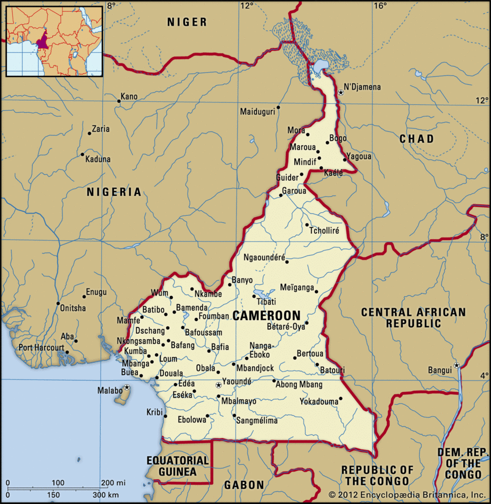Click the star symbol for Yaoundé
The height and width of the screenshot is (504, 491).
tap(219, 385)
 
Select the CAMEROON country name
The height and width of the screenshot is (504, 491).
tap(266, 315)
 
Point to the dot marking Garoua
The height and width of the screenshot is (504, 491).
tap(280, 195)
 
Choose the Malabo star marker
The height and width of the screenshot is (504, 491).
tap(127, 387)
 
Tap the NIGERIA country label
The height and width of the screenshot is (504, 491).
tap(114, 192)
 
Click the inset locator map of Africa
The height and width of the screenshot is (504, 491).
tap(54, 41)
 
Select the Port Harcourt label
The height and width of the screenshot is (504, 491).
tap(41, 347)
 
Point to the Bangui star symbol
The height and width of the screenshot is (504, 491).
tap(457, 365)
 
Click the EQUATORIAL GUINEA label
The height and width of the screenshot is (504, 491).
tap(178, 466)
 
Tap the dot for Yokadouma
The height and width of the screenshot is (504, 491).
tap(340, 398)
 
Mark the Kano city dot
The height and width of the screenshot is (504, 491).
tap(119, 101)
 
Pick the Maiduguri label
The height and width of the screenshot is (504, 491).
tap(257, 112)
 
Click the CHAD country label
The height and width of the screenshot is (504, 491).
tap(416, 139)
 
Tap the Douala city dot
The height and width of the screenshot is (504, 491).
tap(157, 378)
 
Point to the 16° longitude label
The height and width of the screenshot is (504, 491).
tap(379, 5)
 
